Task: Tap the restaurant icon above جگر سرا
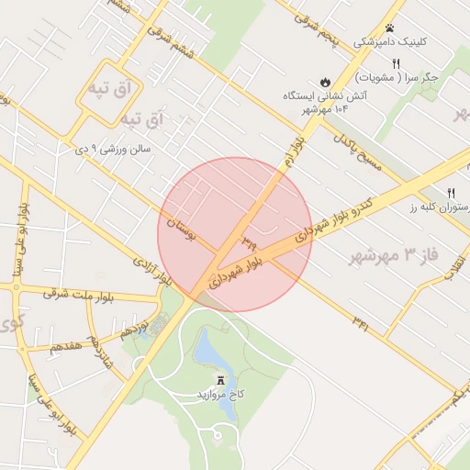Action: coord(397,63)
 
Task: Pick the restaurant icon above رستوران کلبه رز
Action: coord(451,193)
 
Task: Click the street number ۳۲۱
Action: coord(360,321)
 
